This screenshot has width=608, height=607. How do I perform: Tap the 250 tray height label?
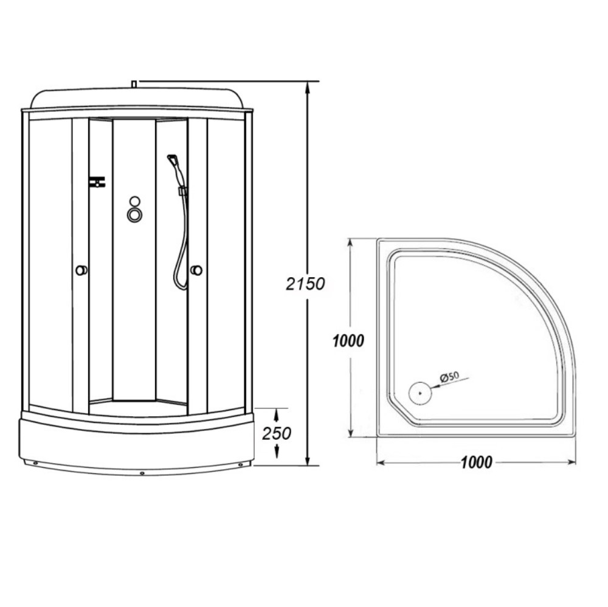(x=277, y=433)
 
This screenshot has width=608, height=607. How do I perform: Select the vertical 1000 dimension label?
(x=348, y=341)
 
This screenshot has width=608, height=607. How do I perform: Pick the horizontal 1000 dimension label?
(x=475, y=462)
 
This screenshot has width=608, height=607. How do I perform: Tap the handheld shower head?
(x=173, y=160)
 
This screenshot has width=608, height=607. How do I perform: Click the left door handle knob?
(x=80, y=270)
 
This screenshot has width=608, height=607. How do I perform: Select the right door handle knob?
(x=196, y=270)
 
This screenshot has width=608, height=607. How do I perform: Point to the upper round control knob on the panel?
(x=134, y=202)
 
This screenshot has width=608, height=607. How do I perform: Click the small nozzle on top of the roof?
(x=134, y=83)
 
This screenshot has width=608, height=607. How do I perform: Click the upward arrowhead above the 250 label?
(x=277, y=413)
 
